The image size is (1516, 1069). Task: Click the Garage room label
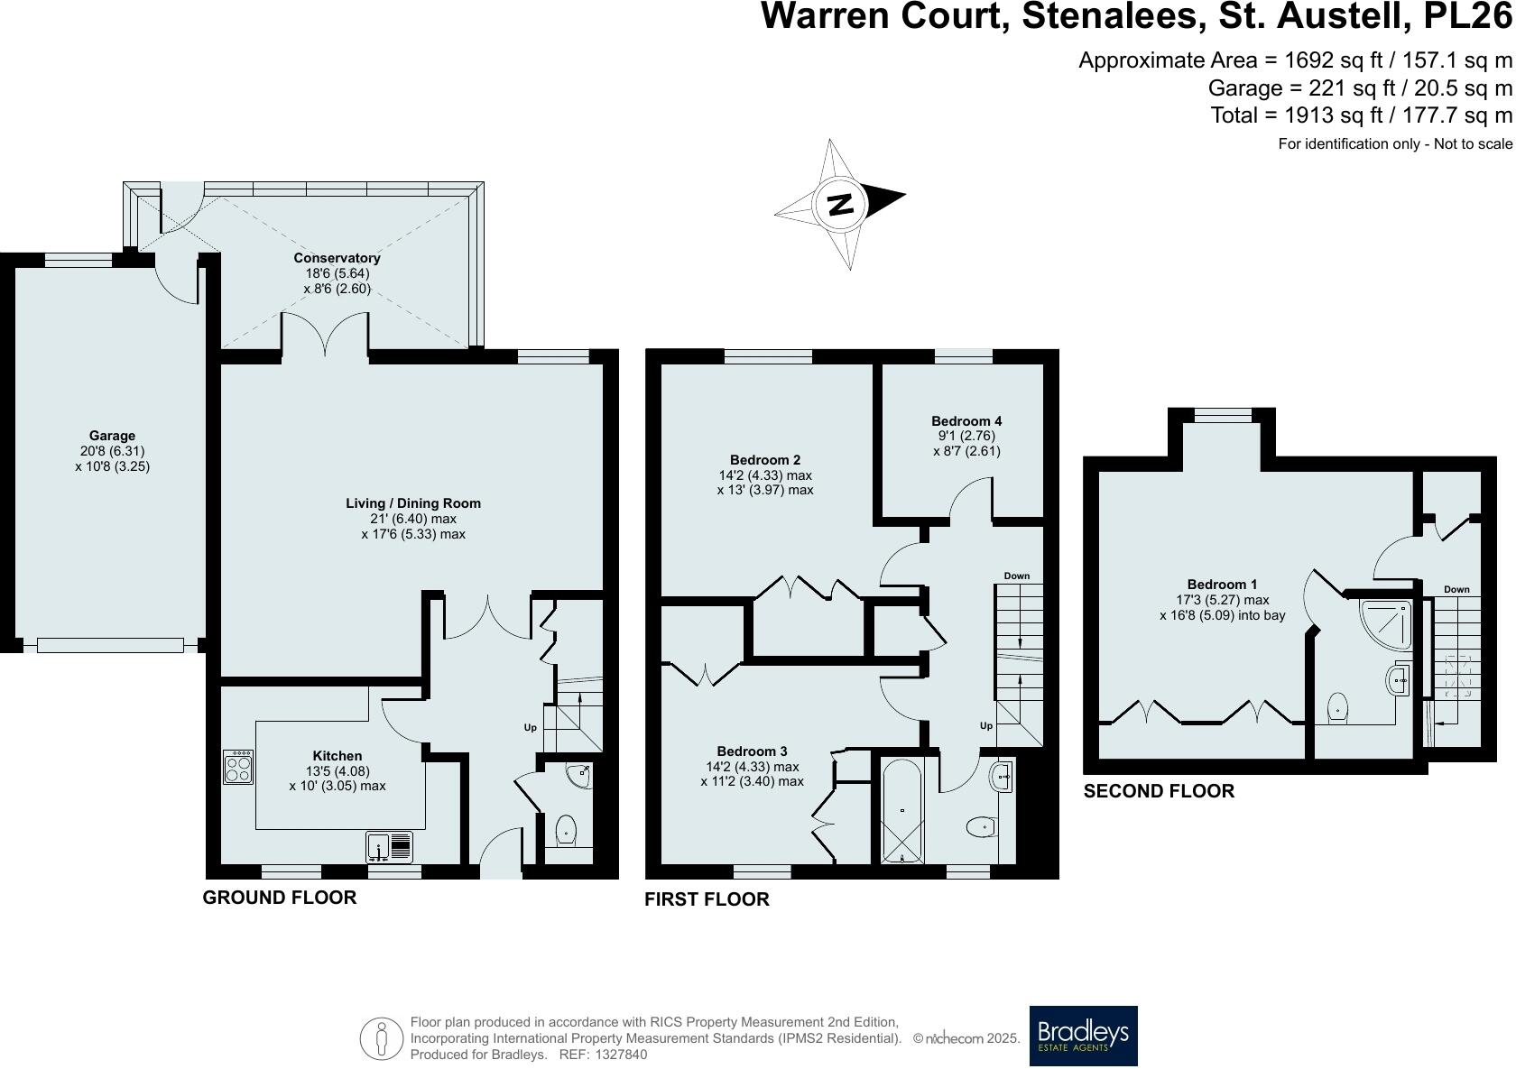pos(112,436)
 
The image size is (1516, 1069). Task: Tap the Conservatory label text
pos(337,258)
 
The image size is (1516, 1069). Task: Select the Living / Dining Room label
pos(413,503)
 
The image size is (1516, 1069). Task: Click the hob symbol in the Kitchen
pos(238,767)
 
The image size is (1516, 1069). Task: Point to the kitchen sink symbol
pos(390,846)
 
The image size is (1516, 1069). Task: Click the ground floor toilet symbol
pos(566,829)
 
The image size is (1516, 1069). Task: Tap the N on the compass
pos(840,204)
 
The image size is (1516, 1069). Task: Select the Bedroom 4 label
pos(966,420)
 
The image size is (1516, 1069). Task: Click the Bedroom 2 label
pos(764,460)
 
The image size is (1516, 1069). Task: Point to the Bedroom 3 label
pos(752,751)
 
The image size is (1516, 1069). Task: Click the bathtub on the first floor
pos(901,811)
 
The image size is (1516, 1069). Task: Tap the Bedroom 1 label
pos(1222,585)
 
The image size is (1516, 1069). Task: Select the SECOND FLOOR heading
pos(1159,791)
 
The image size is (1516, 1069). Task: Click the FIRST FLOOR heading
pos(707,899)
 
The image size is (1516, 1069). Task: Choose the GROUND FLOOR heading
pos(280,897)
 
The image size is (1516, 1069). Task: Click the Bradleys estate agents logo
pos(1083,1036)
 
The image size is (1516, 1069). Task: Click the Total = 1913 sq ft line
pos(1361,115)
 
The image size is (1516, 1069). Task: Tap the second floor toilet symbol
pos(1338,708)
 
